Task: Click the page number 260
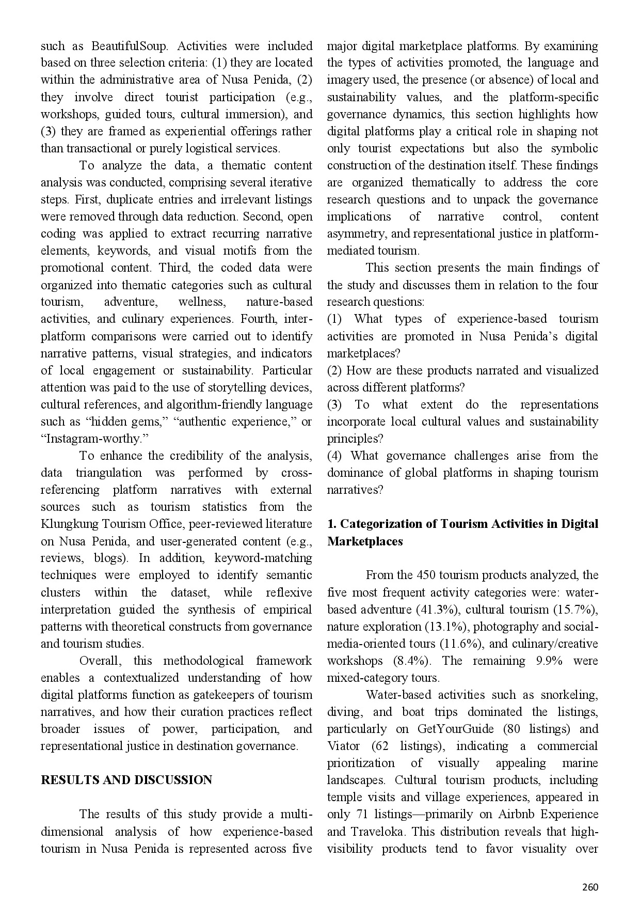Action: click(x=590, y=887)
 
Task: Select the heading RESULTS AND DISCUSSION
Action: click(x=126, y=780)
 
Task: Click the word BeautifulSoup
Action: click(x=130, y=46)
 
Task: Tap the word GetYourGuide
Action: click(x=452, y=729)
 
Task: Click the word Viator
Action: click(x=343, y=746)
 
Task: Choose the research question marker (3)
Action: click(x=334, y=404)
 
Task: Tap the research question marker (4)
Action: click(x=334, y=456)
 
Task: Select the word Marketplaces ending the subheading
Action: click(x=365, y=541)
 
